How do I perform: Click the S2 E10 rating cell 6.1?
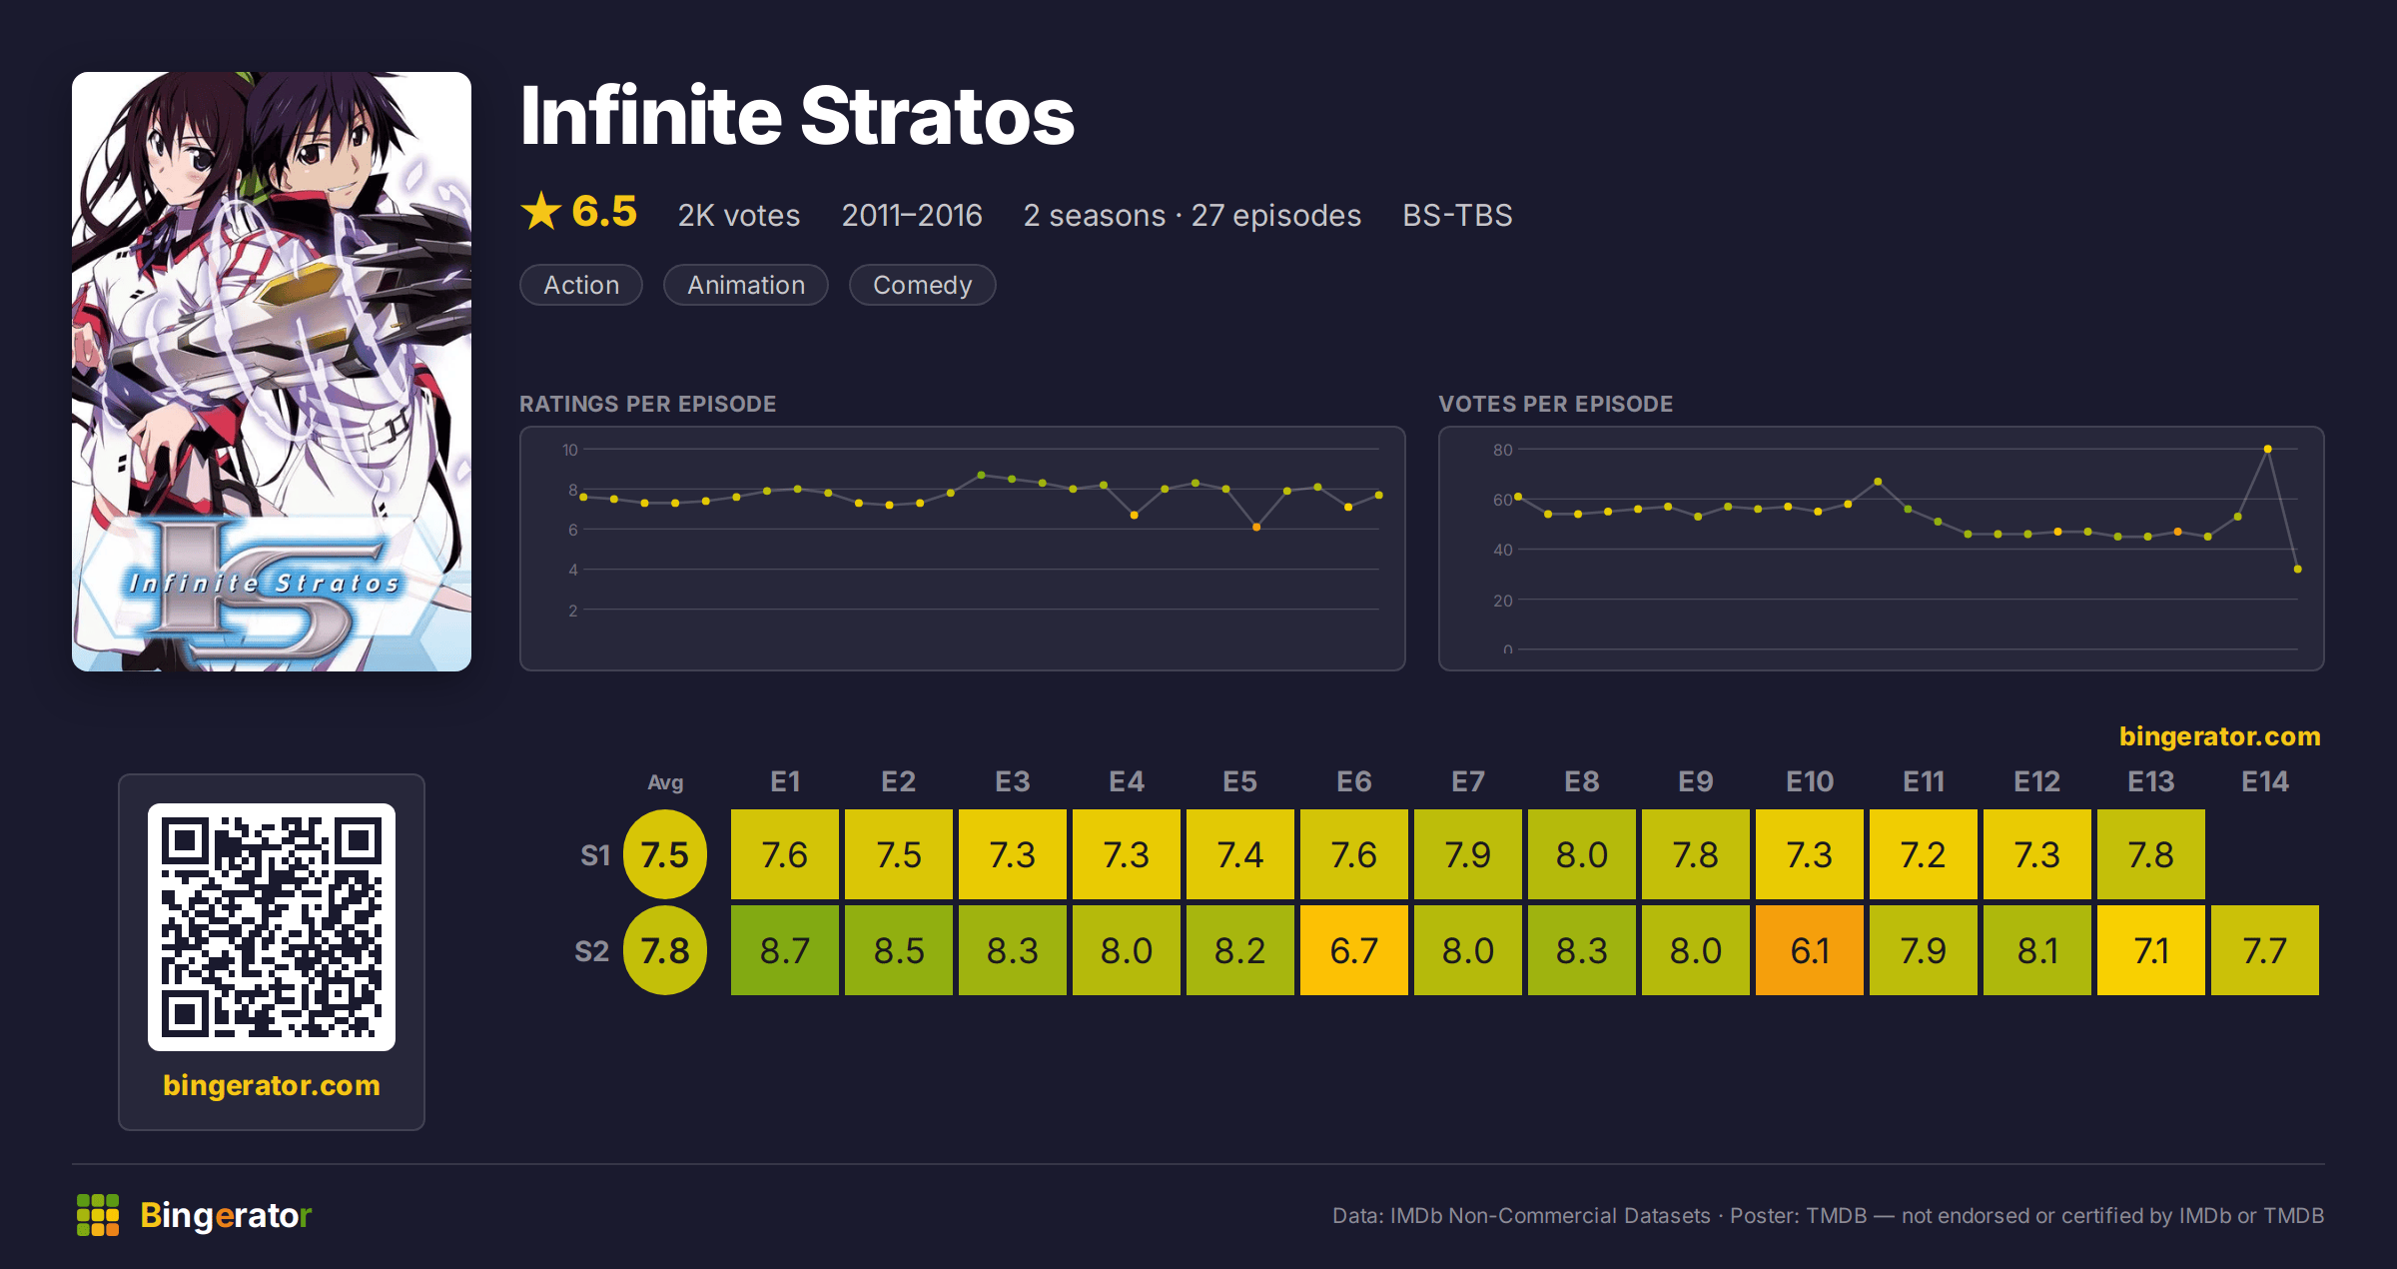[x=1809, y=950]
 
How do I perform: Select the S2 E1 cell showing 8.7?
[x=784, y=950]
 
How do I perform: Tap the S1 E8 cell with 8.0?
[x=1581, y=854]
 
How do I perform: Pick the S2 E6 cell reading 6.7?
[x=1353, y=950]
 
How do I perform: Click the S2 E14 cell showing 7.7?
[x=2264, y=950]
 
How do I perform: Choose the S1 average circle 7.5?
[x=664, y=854]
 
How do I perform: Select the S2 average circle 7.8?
[x=664, y=950]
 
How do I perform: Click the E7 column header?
[x=1467, y=781]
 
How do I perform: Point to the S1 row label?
[x=594, y=855]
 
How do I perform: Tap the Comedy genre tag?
[x=922, y=285]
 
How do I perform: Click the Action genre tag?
[x=581, y=285]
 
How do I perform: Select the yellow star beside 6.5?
[x=541, y=211]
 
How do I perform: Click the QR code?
[x=272, y=927]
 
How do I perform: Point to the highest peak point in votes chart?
[x=2267, y=450]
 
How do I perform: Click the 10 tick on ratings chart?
[x=569, y=450]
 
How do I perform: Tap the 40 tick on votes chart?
[x=1502, y=550]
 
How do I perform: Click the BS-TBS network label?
[x=1457, y=215]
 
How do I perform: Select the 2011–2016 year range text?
[x=912, y=215]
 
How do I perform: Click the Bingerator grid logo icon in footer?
[x=98, y=1215]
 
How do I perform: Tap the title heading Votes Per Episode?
[x=1555, y=404]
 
